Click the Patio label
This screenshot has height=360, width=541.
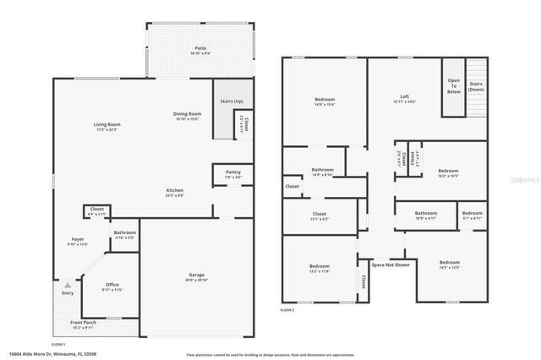200,48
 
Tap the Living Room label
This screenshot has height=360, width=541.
107,124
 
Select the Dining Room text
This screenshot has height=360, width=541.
187,113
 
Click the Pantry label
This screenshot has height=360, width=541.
233,172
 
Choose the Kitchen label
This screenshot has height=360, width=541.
174,190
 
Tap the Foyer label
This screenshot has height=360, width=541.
77,240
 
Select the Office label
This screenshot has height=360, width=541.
112,285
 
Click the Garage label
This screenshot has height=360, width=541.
196,275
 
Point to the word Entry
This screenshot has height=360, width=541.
67,293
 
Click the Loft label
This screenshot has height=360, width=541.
404,97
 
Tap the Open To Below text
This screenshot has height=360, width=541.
453,86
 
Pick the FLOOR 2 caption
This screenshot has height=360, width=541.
288,310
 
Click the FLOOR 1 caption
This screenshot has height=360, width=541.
58,345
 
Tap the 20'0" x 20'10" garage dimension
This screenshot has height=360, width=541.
196,281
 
